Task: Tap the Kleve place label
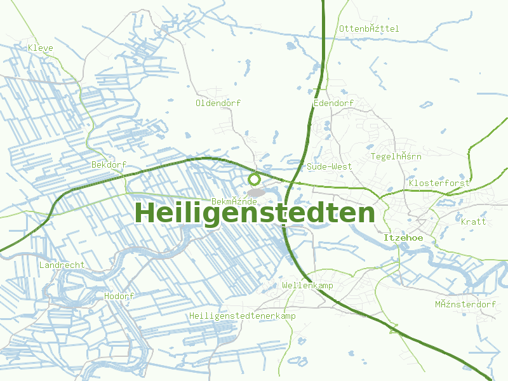41,48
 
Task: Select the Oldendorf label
216,103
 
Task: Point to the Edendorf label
333,103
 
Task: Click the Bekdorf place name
109,164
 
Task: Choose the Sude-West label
329,166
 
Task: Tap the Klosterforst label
439,183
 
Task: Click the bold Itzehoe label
403,237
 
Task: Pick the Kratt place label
474,222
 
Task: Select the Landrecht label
62,265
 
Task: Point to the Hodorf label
119,296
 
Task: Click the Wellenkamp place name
307,286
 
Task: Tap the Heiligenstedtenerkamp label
243,316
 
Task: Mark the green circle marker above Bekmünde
255,179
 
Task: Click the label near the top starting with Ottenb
369,29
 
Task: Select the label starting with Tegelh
396,156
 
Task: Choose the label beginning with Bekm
234,201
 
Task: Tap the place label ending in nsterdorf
465,304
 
